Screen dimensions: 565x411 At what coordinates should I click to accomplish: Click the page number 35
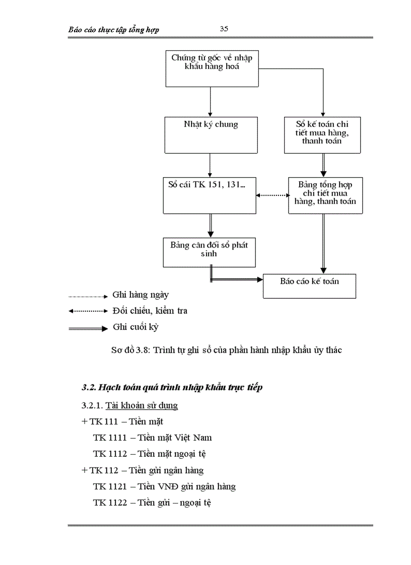coord(224,29)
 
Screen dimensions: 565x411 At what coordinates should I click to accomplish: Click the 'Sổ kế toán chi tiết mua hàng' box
coord(322,135)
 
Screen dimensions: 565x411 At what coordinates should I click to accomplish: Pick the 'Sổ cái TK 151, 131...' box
coord(209,195)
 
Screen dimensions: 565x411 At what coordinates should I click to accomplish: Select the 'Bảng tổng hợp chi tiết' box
coord(325,195)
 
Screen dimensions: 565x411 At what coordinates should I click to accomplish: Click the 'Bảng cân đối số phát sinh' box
coord(209,252)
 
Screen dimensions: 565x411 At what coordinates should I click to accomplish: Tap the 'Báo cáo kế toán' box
coord(309,286)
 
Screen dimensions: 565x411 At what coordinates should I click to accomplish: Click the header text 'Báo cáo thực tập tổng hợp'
coord(114,30)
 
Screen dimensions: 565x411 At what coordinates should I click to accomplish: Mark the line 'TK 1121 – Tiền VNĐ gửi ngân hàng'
coord(164,487)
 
